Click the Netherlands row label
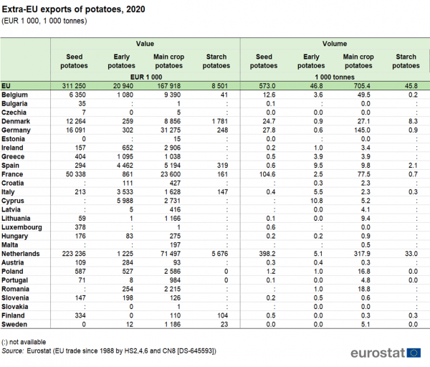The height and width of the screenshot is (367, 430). click(21, 254)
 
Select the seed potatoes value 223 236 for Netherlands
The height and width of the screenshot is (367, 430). click(74, 254)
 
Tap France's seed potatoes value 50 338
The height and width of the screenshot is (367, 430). click(76, 174)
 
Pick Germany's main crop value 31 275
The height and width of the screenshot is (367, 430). click(171, 130)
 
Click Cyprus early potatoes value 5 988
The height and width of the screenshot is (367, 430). click(125, 201)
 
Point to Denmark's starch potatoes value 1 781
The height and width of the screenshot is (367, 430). click(220, 121)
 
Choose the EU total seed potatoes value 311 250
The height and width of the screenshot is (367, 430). click(74, 86)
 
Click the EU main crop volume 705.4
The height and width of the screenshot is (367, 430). click(362, 86)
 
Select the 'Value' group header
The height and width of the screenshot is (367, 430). click(145, 44)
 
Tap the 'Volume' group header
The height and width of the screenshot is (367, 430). click(335, 44)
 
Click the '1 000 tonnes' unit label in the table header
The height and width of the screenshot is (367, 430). click(335, 77)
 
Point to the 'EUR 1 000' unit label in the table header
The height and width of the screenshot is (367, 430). click(146, 77)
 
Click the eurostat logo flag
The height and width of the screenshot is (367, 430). click(414, 353)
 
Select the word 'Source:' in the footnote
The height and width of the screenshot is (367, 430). click(13, 351)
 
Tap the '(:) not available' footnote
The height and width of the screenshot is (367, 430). click(24, 342)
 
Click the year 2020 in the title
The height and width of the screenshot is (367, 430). click(135, 9)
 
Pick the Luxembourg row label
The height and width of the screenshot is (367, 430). click(21, 227)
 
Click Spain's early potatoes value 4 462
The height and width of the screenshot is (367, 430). click(125, 166)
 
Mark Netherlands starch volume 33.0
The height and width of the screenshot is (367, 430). click(411, 254)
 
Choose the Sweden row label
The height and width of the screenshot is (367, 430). click(14, 325)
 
